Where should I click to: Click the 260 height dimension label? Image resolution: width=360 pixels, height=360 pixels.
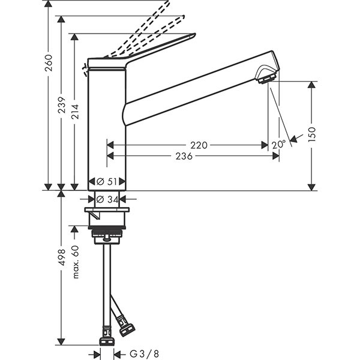49,62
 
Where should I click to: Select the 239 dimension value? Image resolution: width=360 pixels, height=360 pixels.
62,105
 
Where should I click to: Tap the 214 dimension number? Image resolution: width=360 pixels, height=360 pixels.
75,112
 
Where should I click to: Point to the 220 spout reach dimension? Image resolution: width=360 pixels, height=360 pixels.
199,145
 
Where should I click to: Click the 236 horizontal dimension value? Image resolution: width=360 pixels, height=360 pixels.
184,157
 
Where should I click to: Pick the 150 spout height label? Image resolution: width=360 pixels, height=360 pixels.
312,134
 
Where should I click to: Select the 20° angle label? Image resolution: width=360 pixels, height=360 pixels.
278,145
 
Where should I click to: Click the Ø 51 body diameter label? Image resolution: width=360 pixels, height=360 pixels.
107,182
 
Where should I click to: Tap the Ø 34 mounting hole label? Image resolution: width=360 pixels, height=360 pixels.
107,199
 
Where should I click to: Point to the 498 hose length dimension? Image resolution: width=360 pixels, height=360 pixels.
62,257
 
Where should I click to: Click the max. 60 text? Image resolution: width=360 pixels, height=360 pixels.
76,262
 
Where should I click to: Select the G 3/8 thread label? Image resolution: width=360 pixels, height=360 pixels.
144,354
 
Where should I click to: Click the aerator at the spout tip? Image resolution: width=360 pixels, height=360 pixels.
266,78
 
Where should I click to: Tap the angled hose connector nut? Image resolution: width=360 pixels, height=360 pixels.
126,330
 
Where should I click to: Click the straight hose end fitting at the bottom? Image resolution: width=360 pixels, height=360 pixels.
107,342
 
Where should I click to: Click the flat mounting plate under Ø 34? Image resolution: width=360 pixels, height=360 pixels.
107,209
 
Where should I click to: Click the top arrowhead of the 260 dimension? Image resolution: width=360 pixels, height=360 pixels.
48,4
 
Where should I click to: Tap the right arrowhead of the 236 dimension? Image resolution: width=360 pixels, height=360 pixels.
276,156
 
